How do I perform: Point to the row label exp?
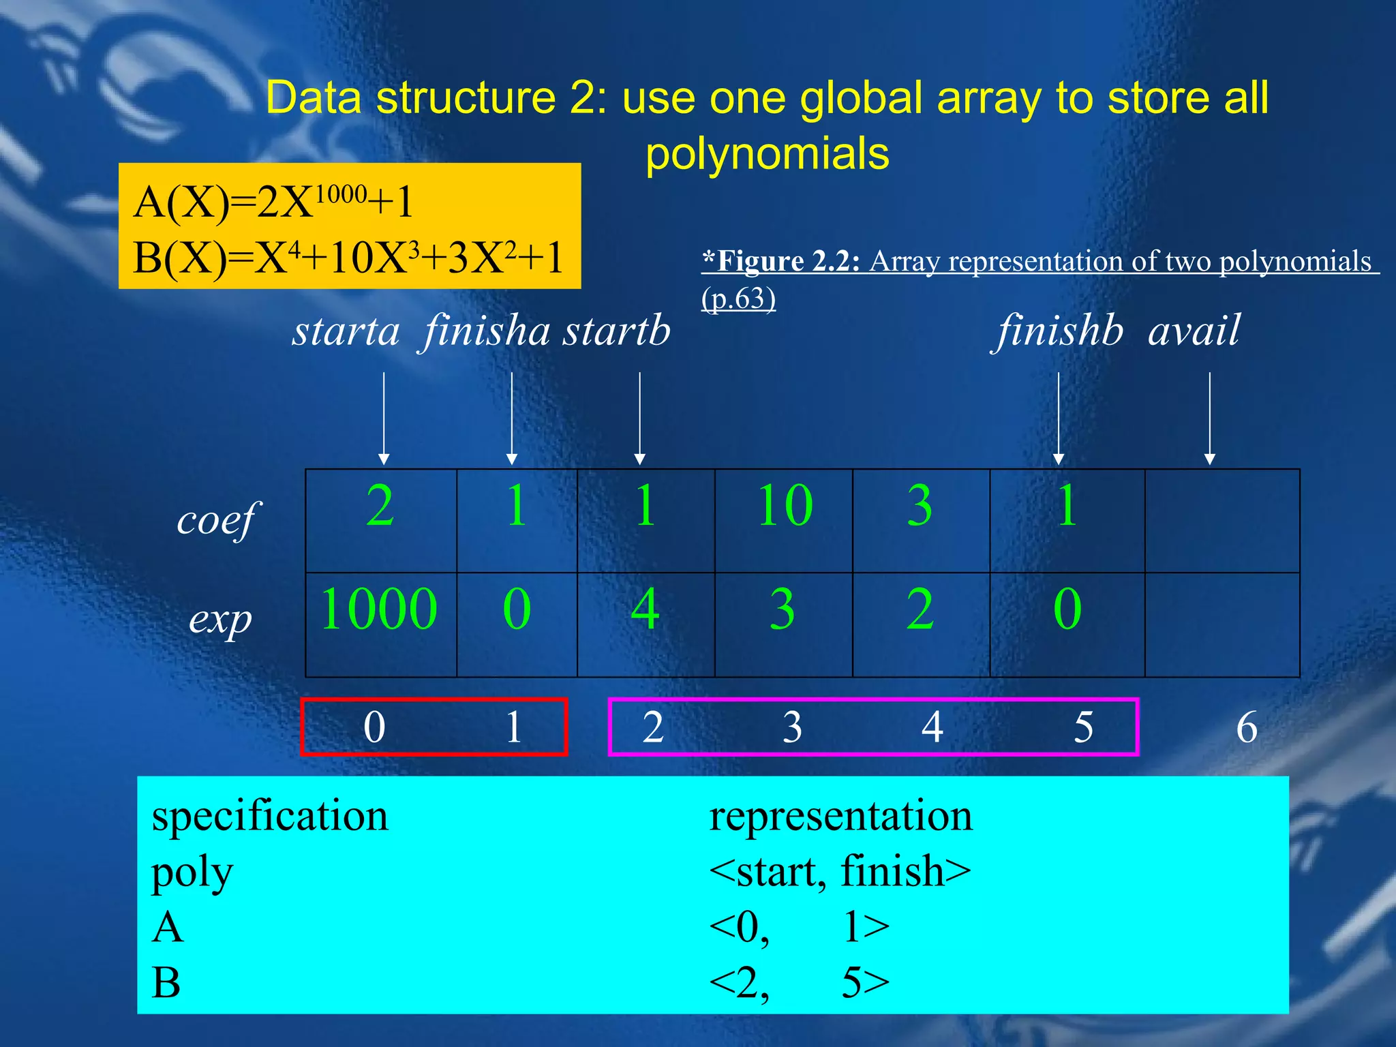220,621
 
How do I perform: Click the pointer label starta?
346,332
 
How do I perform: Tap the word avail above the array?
1194,332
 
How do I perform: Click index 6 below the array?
1247,727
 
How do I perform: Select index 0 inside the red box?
374,727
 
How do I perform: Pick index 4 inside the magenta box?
932,727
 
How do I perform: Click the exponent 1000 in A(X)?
341,194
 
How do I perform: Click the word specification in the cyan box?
270,816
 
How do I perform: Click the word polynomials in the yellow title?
768,154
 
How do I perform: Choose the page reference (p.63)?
738,299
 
